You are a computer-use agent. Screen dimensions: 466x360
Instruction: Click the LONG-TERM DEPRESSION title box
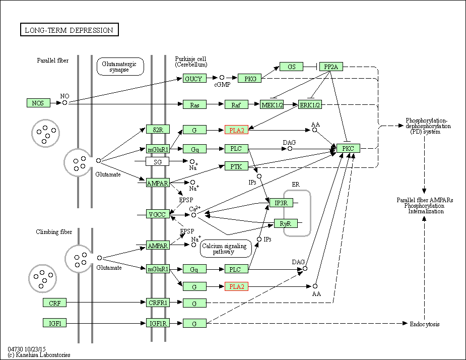(x=69, y=29)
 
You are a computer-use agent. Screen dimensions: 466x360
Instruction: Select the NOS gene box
(x=38, y=103)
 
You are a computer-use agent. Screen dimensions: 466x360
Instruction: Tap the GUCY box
(x=194, y=79)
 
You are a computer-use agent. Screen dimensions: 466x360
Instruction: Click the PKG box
(x=250, y=79)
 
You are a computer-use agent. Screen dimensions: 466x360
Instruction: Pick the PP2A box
(x=331, y=67)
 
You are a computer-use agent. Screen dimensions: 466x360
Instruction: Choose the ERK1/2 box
(x=310, y=104)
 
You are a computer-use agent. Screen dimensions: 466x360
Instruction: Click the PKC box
(x=348, y=148)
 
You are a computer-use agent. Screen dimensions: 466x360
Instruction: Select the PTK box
(x=236, y=166)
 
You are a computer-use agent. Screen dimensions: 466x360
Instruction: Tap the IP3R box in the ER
(x=281, y=203)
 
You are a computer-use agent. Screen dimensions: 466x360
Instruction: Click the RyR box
(x=286, y=223)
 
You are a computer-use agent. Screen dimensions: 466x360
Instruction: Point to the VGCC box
(x=158, y=214)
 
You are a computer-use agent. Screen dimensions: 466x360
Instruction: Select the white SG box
(x=158, y=161)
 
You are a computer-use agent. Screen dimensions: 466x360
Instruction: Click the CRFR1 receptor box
(x=158, y=303)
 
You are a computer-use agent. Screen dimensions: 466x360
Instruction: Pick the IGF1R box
(x=158, y=323)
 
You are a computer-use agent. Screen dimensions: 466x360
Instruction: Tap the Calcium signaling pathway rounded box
(x=226, y=249)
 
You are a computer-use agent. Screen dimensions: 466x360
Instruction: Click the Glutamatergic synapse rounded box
(x=120, y=67)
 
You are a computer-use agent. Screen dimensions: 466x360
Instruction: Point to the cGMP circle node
(x=222, y=78)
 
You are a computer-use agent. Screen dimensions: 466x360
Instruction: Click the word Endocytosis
(x=424, y=324)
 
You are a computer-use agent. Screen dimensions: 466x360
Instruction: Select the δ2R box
(x=158, y=129)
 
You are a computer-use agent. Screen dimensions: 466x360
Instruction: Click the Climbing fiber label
(x=54, y=232)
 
